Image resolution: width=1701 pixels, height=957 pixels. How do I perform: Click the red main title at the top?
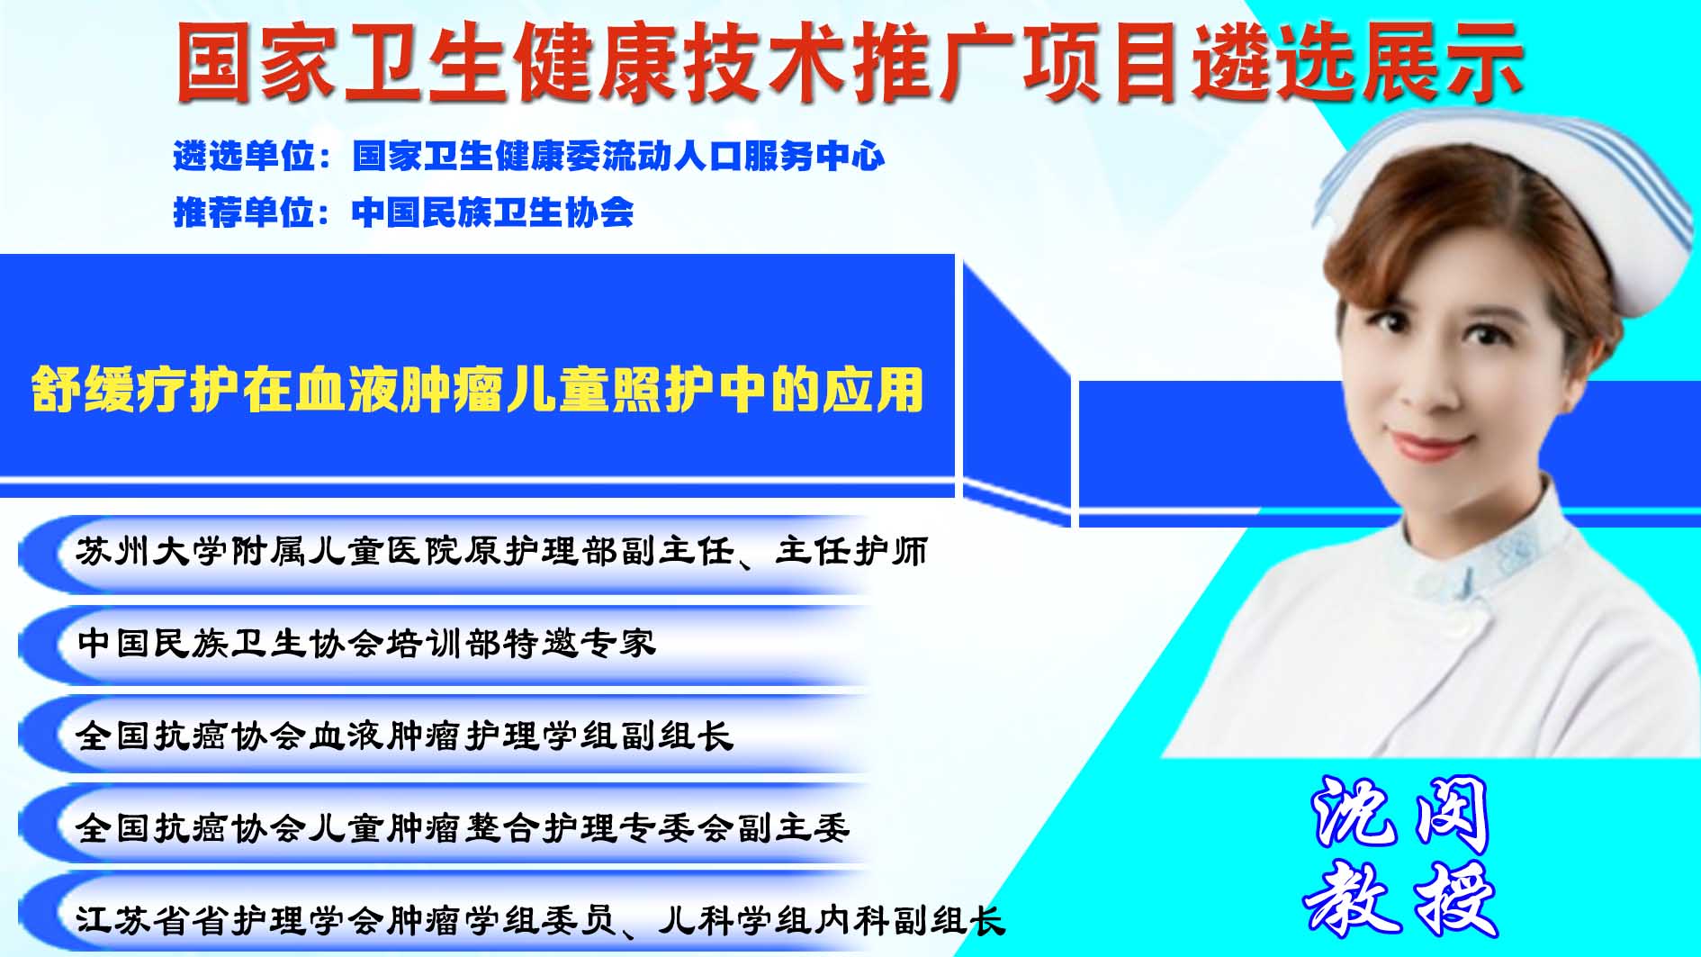point(850,61)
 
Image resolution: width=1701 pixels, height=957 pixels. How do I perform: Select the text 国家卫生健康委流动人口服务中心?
point(618,157)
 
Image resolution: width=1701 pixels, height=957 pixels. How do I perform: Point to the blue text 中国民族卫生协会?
point(492,212)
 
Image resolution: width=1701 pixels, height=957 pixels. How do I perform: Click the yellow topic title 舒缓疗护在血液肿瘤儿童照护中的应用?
point(478,389)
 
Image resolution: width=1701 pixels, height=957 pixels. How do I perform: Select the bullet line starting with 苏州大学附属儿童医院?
point(501,551)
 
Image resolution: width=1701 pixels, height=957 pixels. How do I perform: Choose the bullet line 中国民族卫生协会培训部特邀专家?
point(366,643)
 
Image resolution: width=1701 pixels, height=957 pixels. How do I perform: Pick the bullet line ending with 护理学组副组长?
point(404,736)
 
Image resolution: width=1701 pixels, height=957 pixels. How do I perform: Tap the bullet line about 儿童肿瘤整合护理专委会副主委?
point(463,827)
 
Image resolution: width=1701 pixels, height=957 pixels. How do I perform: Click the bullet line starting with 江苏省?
point(540,920)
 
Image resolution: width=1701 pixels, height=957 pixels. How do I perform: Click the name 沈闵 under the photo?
point(1400,816)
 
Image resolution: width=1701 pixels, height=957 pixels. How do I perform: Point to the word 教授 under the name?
point(1400,897)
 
